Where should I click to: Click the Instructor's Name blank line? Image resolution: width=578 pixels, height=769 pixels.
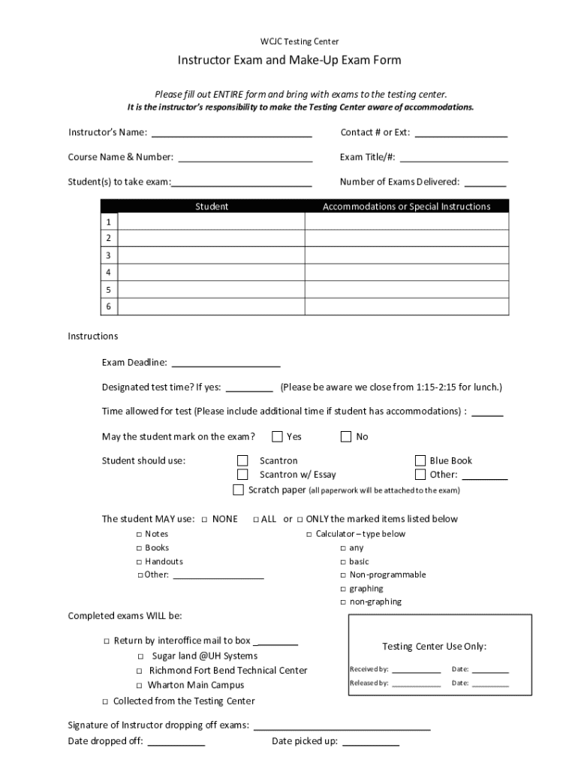point(231,134)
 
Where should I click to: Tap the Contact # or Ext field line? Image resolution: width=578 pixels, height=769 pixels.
point(461,134)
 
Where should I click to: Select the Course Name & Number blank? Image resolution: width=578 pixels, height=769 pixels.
point(245,158)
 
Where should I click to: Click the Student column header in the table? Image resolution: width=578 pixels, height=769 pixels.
point(212,207)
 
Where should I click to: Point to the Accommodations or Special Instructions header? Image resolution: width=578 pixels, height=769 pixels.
point(406,207)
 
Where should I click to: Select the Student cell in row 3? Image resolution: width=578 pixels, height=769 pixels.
point(212,255)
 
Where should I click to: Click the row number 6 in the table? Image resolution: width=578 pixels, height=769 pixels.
point(109,306)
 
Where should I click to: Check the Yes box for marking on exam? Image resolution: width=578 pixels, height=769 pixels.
point(277,436)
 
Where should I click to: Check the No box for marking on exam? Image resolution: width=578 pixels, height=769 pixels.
point(346,436)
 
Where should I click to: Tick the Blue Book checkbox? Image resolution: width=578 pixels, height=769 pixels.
point(420,460)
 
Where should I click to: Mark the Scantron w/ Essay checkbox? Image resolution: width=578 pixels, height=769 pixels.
point(242,475)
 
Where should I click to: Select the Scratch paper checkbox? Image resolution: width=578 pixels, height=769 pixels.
point(238,490)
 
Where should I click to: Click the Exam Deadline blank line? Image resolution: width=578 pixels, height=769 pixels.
point(226,363)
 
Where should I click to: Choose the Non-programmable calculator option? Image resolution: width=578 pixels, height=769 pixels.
point(343,575)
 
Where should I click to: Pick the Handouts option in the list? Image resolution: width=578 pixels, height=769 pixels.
point(139,562)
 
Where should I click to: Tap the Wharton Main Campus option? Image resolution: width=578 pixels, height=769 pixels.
point(140,686)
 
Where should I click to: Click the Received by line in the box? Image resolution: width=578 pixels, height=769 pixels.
point(416,670)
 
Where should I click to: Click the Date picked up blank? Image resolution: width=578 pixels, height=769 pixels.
point(371,742)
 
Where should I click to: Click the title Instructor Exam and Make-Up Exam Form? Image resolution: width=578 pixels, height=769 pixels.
point(289,60)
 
